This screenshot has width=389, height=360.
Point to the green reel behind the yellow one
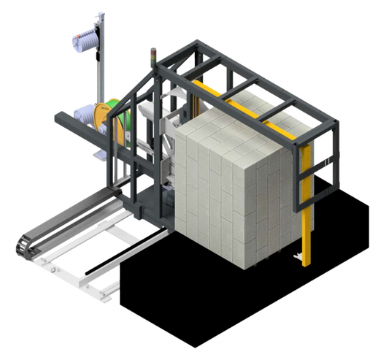coord(119,115)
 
